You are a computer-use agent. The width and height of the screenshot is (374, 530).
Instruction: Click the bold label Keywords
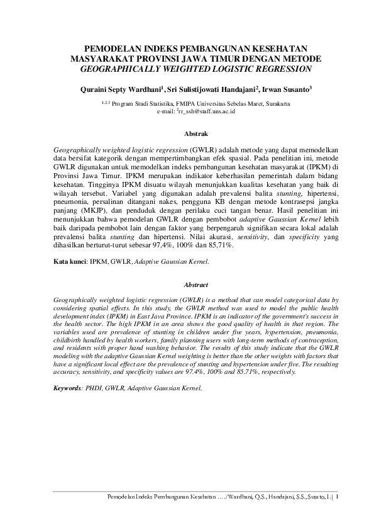[67, 388]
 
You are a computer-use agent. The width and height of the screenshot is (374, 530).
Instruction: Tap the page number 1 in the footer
[337, 497]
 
